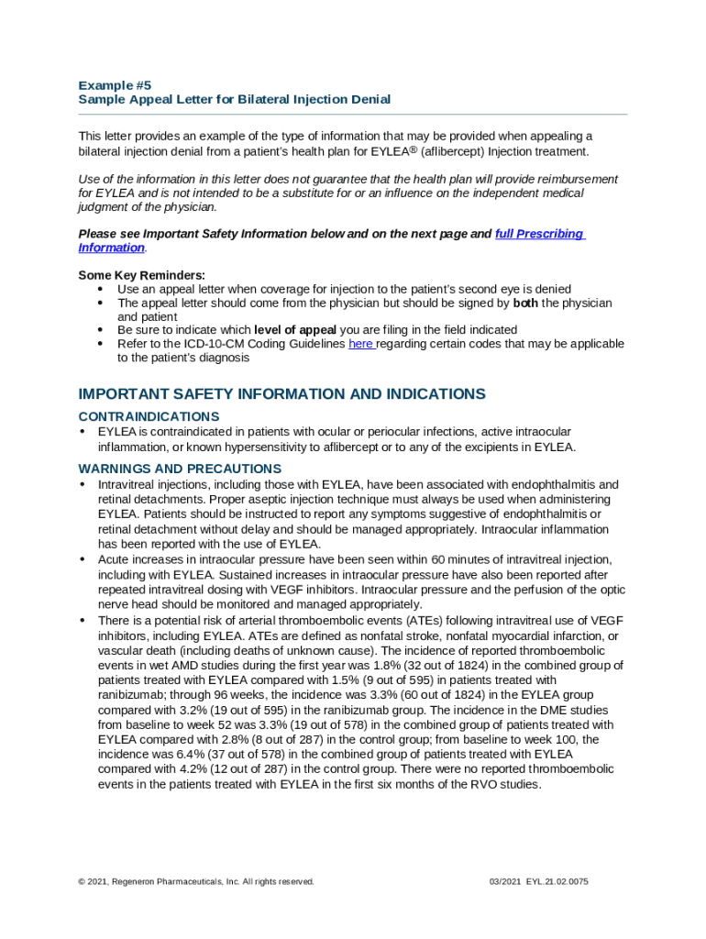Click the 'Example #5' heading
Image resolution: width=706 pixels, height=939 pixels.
click(x=115, y=84)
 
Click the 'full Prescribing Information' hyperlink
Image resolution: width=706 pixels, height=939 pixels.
click(x=539, y=234)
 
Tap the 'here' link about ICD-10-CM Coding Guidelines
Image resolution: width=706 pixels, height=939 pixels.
click(x=361, y=344)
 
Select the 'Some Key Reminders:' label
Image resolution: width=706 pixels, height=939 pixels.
click(x=142, y=275)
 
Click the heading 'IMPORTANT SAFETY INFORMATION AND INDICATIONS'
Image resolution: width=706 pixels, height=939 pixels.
click(x=281, y=394)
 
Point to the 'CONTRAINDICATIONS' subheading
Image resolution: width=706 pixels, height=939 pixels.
click(x=149, y=416)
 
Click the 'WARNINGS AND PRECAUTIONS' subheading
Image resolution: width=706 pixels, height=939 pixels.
click(x=180, y=469)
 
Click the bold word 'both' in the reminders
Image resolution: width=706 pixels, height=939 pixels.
click(x=526, y=303)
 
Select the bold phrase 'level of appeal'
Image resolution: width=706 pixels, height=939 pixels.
click(x=295, y=330)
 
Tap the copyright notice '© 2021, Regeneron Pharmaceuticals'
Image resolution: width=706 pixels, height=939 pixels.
click(x=196, y=881)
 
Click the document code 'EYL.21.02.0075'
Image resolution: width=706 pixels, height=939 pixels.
click(x=557, y=881)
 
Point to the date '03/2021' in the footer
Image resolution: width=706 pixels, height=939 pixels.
click(x=505, y=881)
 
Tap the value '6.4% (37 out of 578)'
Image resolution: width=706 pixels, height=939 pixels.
click(x=203, y=754)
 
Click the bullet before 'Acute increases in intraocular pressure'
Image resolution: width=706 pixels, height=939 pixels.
click(x=83, y=558)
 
